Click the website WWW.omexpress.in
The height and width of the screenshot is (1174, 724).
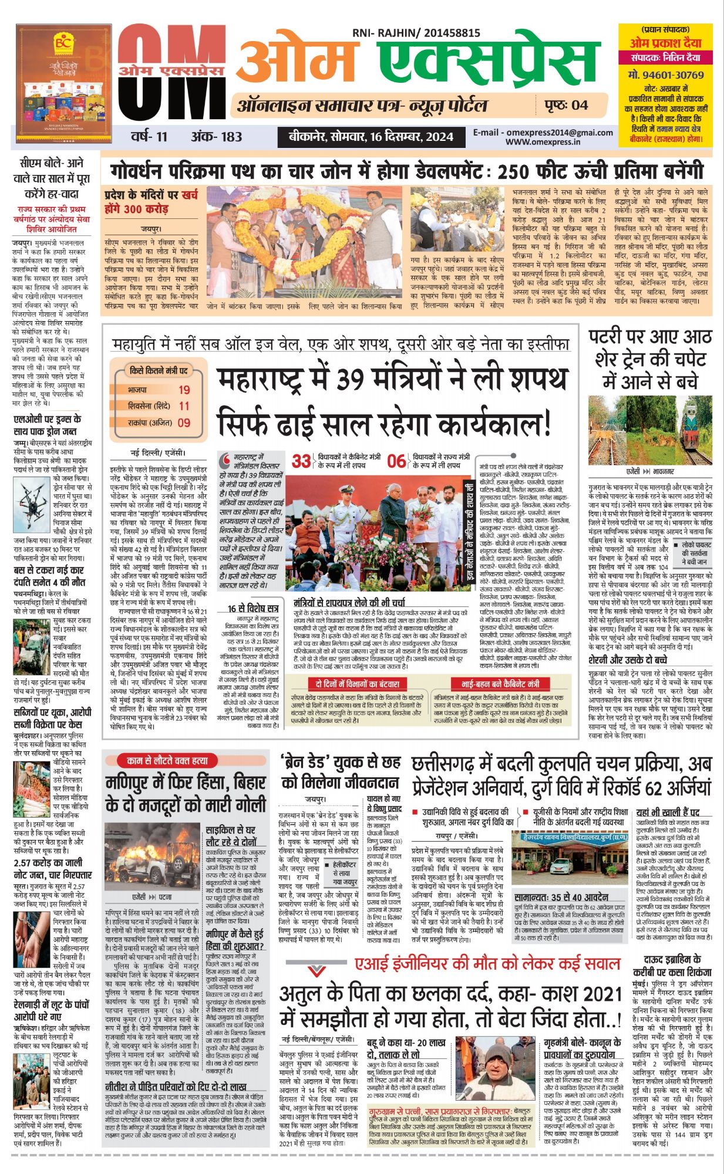(x=543, y=141)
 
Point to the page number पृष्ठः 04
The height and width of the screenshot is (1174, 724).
(x=565, y=105)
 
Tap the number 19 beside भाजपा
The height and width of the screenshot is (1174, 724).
(x=184, y=390)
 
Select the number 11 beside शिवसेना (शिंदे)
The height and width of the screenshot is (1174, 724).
(x=184, y=406)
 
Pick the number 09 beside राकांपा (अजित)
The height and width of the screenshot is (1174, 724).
(x=184, y=422)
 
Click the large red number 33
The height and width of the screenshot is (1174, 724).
(x=301, y=461)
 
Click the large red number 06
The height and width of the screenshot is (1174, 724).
(x=396, y=461)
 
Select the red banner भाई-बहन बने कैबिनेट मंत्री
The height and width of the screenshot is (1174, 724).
(x=500, y=684)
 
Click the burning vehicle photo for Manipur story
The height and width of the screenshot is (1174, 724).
(x=153, y=857)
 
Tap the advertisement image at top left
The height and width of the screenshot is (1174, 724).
(x=63, y=83)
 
